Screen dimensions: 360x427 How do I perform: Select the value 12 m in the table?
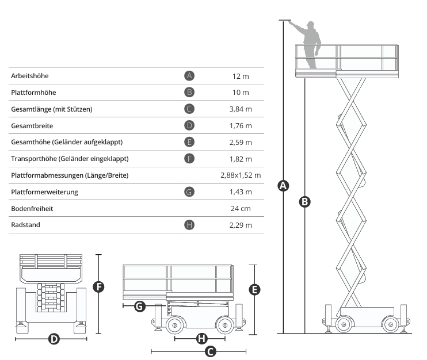click(241, 76)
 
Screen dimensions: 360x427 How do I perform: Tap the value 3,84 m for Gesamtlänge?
click(241, 109)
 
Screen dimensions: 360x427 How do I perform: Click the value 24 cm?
click(241, 208)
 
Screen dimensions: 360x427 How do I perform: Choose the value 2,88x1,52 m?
click(241, 175)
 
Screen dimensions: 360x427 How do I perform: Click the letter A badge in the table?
click(189, 76)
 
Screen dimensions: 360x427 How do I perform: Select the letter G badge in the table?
click(189, 192)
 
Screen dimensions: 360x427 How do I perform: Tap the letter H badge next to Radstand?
click(189, 225)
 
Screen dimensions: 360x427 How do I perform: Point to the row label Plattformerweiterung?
click(44, 192)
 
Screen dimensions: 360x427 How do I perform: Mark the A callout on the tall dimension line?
click(283, 185)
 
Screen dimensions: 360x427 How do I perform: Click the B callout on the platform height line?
click(305, 201)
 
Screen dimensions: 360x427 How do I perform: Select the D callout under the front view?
click(54, 339)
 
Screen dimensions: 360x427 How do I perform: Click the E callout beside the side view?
click(254, 289)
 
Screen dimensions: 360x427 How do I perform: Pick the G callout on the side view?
click(139, 307)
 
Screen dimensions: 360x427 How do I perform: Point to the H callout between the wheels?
click(201, 338)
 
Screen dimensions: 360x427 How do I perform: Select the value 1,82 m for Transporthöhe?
click(241, 159)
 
